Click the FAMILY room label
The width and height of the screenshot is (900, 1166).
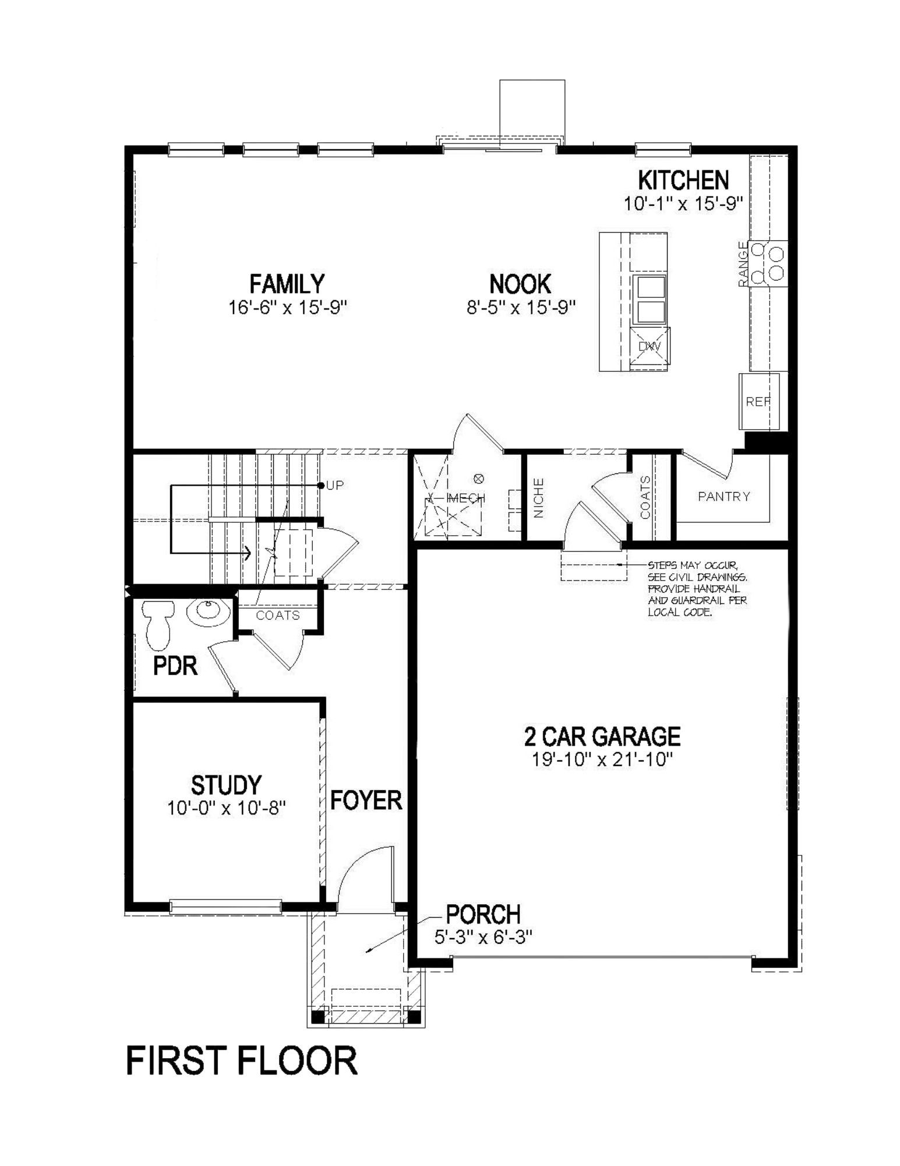click(287, 284)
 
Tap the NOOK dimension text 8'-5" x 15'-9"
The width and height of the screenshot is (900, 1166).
click(521, 307)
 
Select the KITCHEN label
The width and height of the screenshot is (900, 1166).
click(683, 180)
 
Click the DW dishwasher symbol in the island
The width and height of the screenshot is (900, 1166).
click(650, 347)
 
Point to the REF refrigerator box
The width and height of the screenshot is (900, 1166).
click(758, 401)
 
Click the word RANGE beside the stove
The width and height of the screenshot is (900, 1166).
click(743, 264)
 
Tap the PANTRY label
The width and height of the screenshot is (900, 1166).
click(723, 496)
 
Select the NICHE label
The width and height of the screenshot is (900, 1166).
click(539, 498)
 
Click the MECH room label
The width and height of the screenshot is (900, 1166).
click(465, 498)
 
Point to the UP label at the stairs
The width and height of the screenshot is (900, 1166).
click(335, 485)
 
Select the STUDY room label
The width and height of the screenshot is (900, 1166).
click(227, 785)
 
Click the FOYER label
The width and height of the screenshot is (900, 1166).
click(366, 800)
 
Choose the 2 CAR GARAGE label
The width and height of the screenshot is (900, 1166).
click(602, 736)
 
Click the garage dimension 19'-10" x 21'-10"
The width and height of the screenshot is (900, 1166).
click(602, 759)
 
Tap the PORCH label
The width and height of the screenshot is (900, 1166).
click(483, 915)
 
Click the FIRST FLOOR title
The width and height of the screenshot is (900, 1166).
click(241, 1060)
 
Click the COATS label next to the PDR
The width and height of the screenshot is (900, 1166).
click(278, 615)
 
